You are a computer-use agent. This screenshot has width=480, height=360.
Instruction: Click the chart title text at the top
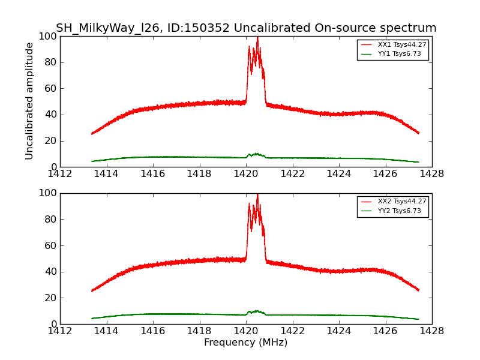246,28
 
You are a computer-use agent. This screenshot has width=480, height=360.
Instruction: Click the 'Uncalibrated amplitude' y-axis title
29,101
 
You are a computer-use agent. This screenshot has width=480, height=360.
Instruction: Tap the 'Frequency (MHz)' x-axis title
246,343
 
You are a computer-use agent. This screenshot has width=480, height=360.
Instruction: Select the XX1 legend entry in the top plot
401,44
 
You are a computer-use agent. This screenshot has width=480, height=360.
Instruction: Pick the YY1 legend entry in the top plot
401,54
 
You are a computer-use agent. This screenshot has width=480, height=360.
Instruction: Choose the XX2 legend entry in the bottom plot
401,202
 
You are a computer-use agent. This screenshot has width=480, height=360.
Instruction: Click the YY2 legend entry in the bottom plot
401,211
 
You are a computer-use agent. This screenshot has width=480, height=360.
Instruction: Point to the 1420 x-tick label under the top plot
246,174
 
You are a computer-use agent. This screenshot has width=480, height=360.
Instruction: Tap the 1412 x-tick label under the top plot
60,174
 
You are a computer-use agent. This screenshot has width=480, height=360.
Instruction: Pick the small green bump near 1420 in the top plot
256,154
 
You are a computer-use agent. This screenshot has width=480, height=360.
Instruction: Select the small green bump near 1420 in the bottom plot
256,311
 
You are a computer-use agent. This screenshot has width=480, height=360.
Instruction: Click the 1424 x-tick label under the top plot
339,174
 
